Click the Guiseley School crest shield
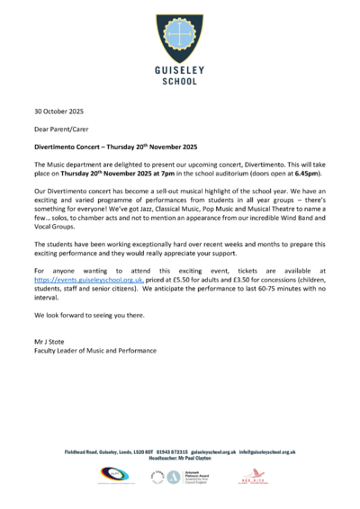coord(180,32)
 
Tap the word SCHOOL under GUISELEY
coord(180,80)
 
